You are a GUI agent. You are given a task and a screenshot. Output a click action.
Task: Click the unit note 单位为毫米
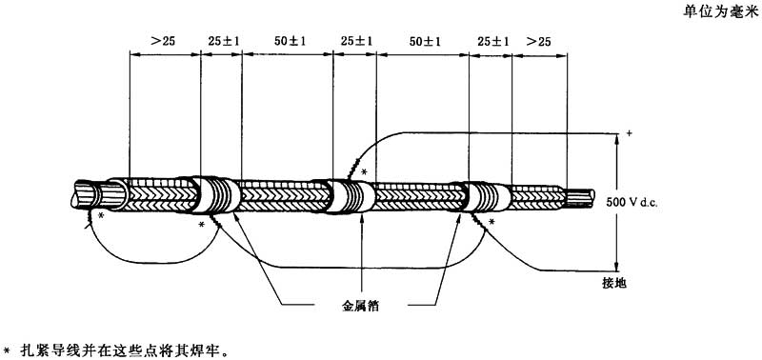point(720,12)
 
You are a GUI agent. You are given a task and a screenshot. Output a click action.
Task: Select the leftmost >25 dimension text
point(163,41)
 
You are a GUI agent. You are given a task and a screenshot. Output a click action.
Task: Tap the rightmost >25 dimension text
point(538,41)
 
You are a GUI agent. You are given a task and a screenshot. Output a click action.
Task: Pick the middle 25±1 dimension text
point(356,41)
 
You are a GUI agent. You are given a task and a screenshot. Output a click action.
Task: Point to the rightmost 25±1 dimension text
point(493,41)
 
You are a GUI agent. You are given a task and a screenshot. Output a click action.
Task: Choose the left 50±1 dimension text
point(290,41)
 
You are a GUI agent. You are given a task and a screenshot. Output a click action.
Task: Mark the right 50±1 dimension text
point(425,41)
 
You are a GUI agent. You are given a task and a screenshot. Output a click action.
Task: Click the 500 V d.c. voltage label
point(632,203)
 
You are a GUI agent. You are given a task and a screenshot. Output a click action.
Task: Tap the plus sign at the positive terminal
point(630,132)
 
